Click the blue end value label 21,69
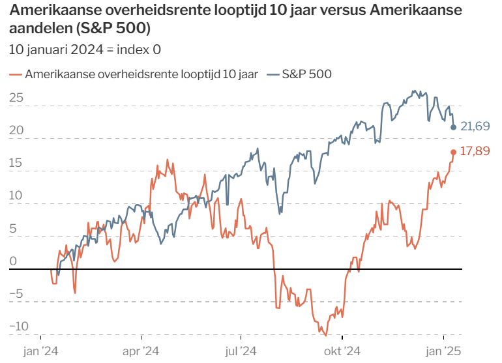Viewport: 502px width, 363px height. (475, 126)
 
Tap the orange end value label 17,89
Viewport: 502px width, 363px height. (475, 151)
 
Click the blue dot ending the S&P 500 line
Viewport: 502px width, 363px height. (453, 127)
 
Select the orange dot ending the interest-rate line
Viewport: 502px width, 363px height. (453, 152)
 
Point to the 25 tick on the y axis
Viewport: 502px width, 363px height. (16, 98)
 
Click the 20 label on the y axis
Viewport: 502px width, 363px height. (16, 130)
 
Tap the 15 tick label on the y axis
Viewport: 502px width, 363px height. (16, 163)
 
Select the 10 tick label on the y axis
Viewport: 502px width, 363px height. (16, 196)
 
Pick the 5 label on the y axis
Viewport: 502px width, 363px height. (13, 229)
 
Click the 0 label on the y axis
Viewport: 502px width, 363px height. (13, 261)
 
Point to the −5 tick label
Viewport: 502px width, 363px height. (16, 294)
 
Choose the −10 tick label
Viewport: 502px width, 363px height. (19, 327)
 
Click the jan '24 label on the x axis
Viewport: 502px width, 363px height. (40, 351)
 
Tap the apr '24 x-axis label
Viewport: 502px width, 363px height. (141, 351)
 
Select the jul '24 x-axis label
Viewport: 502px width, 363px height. (241, 351)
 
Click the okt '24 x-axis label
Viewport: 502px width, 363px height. (342, 351)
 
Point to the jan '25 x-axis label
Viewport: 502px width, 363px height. (443, 351)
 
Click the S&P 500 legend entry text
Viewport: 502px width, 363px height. (306, 74)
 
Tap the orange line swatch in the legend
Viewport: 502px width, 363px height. (16, 75)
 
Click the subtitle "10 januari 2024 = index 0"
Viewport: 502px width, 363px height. (85, 50)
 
